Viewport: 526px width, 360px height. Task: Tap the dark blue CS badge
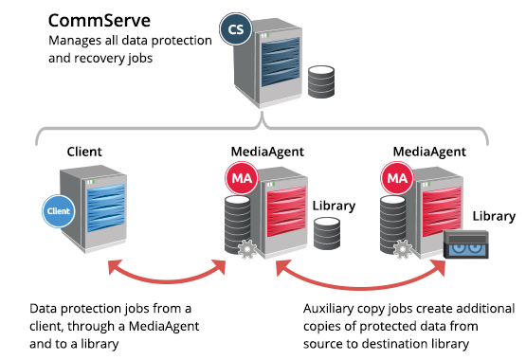(x=233, y=29)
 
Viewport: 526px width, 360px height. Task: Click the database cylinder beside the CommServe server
(x=320, y=84)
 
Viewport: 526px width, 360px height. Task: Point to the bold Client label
(x=84, y=151)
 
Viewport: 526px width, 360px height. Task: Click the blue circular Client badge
(x=59, y=210)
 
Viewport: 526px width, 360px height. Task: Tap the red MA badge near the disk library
(x=237, y=176)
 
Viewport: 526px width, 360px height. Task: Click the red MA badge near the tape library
(x=395, y=176)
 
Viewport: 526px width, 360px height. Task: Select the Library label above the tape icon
(x=493, y=217)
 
